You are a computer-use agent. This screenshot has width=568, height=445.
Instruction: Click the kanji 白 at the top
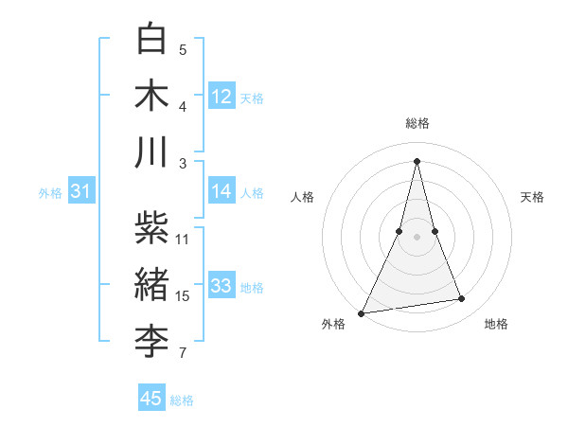click(152, 41)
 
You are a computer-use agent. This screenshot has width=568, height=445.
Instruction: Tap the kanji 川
click(152, 152)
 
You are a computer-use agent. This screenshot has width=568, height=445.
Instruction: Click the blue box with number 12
click(222, 97)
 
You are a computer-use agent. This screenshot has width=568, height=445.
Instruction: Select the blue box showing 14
click(222, 191)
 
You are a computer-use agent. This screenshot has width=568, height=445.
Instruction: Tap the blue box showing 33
click(222, 286)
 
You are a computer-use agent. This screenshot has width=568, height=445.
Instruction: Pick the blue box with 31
click(81, 192)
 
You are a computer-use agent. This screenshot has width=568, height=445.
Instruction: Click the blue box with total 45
click(151, 399)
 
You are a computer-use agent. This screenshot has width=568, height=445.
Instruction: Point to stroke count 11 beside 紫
click(183, 240)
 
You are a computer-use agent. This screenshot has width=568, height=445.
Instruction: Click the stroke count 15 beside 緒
click(183, 296)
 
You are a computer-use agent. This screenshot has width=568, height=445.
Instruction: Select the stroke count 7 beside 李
click(183, 354)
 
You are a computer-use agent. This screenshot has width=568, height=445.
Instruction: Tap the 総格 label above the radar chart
click(417, 123)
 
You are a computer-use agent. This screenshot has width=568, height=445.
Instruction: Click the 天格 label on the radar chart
click(533, 197)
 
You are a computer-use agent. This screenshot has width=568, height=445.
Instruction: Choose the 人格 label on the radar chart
click(302, 197)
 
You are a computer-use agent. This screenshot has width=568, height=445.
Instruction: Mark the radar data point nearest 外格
click(362, 313)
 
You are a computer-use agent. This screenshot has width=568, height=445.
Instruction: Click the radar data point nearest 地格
click(462, 299)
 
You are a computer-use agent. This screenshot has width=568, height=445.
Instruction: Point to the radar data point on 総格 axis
click(417, 160)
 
